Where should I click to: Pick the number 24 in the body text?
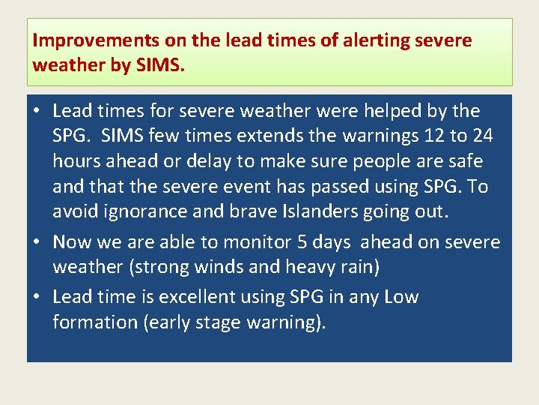(482, 136)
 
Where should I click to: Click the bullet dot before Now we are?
(37, 241)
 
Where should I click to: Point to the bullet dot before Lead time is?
(37, 297)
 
